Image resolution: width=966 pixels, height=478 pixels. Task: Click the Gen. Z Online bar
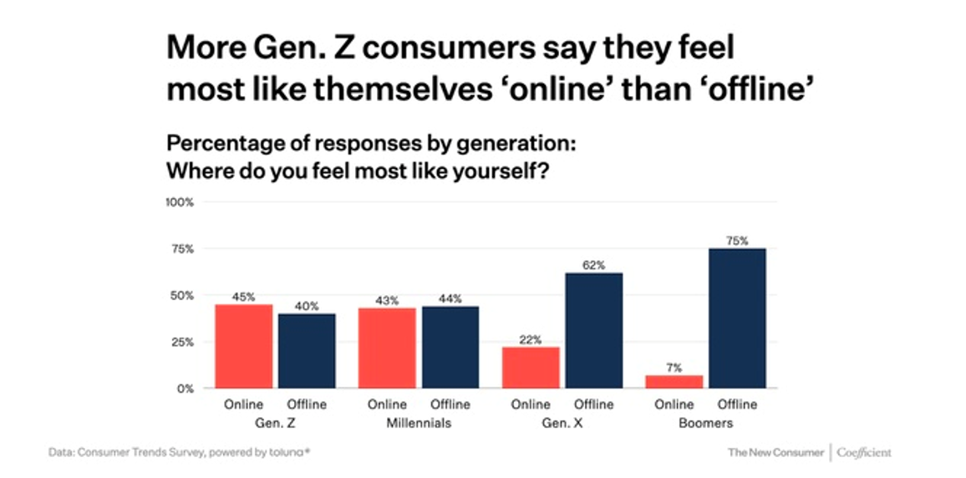coord(243,346)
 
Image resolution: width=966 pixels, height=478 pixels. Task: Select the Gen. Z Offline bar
coord(307,351)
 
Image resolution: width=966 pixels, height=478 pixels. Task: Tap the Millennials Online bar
coord(387,348)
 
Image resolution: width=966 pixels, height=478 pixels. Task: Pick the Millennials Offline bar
coord(450,347)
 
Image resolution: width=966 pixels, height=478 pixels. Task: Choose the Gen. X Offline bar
coord(594,330)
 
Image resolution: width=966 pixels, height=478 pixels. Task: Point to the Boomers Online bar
coord(674,381)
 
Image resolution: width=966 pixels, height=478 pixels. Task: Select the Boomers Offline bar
coord(738,318)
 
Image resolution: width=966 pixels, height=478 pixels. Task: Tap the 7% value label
coord(674,368)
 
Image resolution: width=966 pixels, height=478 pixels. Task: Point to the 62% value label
coord(594,265)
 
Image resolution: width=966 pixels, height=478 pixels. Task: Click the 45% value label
coord(243,297)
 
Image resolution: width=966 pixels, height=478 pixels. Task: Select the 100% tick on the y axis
coord(181,202)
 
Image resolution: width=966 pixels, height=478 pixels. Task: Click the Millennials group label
coord(419,424)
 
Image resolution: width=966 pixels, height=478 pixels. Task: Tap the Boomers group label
coord(706,424)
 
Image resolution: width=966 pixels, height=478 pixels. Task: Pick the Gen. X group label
coord(562,424)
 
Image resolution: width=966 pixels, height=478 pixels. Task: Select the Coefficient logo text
coord(864,453)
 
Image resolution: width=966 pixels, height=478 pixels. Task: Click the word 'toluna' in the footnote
coord(290,453)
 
